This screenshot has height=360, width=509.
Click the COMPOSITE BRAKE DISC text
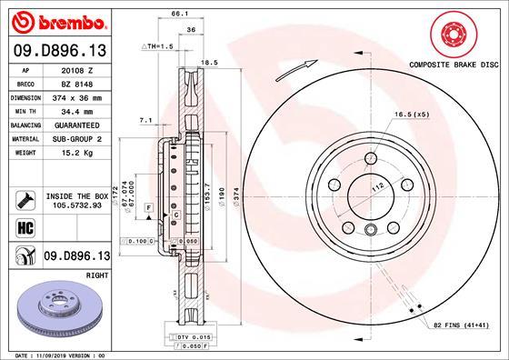[x=455, y=66]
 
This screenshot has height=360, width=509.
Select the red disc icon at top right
[x=454, y=35]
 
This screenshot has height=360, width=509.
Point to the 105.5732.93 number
[x=78, y=205]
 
